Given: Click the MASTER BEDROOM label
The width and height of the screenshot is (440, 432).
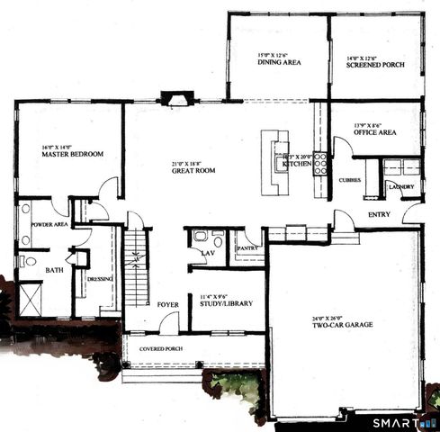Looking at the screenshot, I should pos(72,154).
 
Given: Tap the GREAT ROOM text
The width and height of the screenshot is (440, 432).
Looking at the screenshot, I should pos(192,170).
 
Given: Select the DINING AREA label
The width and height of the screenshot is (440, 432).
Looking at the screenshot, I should pos(279,63).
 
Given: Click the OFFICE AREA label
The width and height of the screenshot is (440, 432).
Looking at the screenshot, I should pos(375,132).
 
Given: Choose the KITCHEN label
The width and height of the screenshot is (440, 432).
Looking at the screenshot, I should pos(297,166).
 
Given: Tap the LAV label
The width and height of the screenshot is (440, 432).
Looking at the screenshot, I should pos(208,254).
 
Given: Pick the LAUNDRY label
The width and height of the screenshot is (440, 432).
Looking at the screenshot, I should pos(401,187).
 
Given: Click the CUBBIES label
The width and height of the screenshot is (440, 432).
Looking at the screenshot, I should pos(351,179).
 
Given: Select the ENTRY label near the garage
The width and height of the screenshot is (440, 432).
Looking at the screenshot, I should pos(379,214).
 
